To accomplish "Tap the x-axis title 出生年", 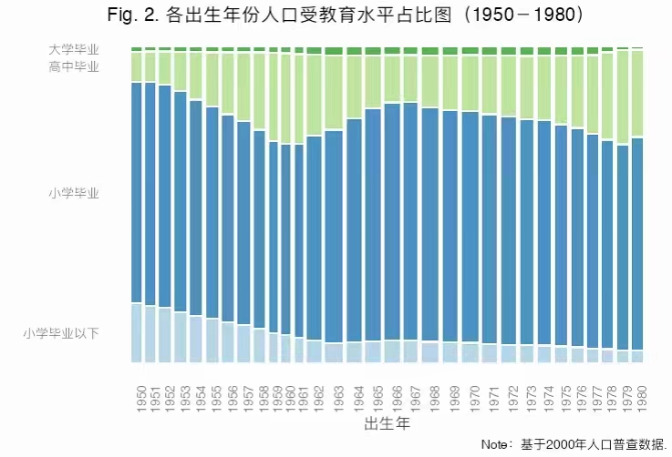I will coord(387,424).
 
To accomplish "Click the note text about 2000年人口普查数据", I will coord(575,444).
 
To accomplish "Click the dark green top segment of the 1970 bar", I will coord(470,50).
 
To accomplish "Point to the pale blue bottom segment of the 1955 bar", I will coord(212,340).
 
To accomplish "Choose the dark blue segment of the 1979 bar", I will coord(623,247).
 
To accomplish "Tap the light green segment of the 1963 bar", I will coord(334,92).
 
